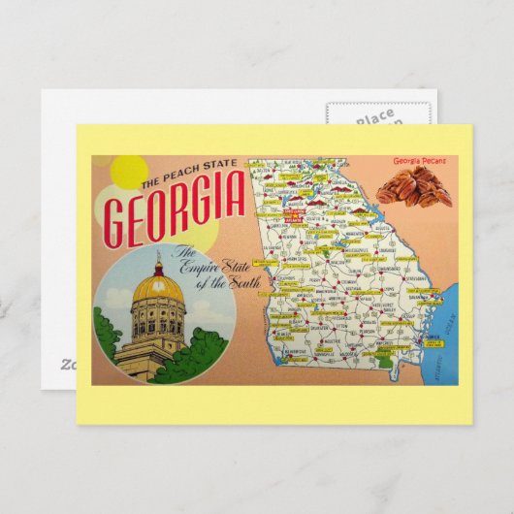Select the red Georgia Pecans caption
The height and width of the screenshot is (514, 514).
pyautogui.click(x=419, y=161)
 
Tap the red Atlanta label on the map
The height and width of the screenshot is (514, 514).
pyautogui.click(x=290, y=217)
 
